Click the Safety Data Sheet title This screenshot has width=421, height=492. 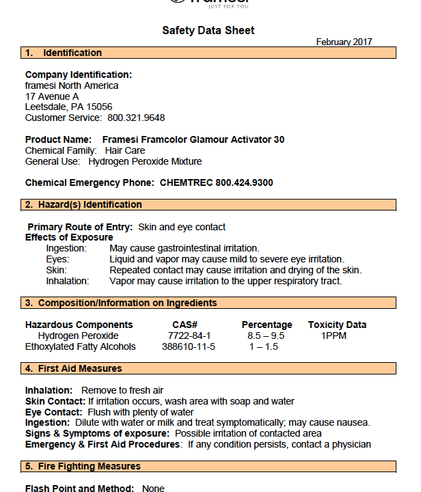tap(208, 30)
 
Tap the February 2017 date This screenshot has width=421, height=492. tap(344, 42)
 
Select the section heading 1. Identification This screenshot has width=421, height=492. tap(64, 53)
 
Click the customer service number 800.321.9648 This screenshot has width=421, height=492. tap(136, 118)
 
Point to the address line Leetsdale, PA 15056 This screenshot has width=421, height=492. tap(68, 107)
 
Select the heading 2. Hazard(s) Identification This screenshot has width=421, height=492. tap(83, 204)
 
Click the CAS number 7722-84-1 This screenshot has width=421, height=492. tap(189, 336)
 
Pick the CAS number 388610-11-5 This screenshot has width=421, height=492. tap(189, 346)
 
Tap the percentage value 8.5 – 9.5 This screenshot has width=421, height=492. tap(266, 336)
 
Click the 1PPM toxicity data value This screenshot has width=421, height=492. tap(334, 336)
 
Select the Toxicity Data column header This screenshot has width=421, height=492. tap(337, 325)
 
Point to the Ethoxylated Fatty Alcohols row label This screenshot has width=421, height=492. tap(81, 346)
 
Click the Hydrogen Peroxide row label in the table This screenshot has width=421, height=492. tap(78, 336)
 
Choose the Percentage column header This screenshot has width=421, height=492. tap(267, 325)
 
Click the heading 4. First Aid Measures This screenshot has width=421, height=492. tap(73, 368)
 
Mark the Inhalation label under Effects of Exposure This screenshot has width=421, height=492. tap(68, 281)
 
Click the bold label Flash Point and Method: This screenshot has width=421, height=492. tap(79, 489)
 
